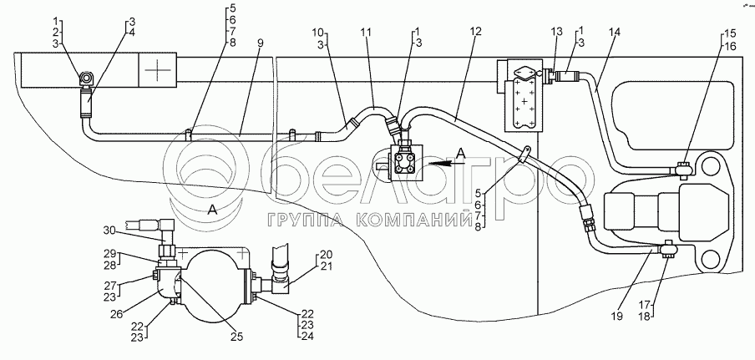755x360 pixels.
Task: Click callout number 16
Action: pos(732,46)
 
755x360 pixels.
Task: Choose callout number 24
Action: pos(308,337)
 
